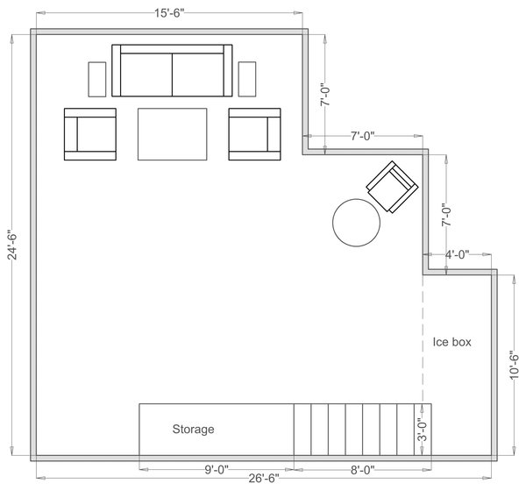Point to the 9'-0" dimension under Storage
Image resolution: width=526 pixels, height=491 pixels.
pos(216,469)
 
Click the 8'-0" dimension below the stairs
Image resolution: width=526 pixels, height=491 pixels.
pos(362,469)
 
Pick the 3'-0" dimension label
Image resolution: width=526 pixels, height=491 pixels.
pos(422,431)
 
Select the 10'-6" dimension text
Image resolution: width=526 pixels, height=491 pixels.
pos(515,364)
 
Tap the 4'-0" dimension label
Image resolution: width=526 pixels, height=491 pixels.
pos(457,254)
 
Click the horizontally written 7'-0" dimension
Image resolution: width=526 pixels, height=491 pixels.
pos(362,136)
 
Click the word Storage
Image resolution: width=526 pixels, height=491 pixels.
pos(193,430)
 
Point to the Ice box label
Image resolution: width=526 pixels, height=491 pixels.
pos(452,342)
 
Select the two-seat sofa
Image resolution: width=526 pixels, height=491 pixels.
pos(172,71)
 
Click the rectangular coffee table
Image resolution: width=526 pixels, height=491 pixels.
pos(172,134)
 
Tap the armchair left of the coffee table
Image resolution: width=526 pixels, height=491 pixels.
pos(89,134)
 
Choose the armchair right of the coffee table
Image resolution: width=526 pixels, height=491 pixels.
pos(254,134)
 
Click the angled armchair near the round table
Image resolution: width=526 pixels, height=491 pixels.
pos(391,186)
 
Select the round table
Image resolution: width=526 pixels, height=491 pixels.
pos(357,223)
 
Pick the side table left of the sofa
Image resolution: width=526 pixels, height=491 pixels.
pos(97,79)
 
